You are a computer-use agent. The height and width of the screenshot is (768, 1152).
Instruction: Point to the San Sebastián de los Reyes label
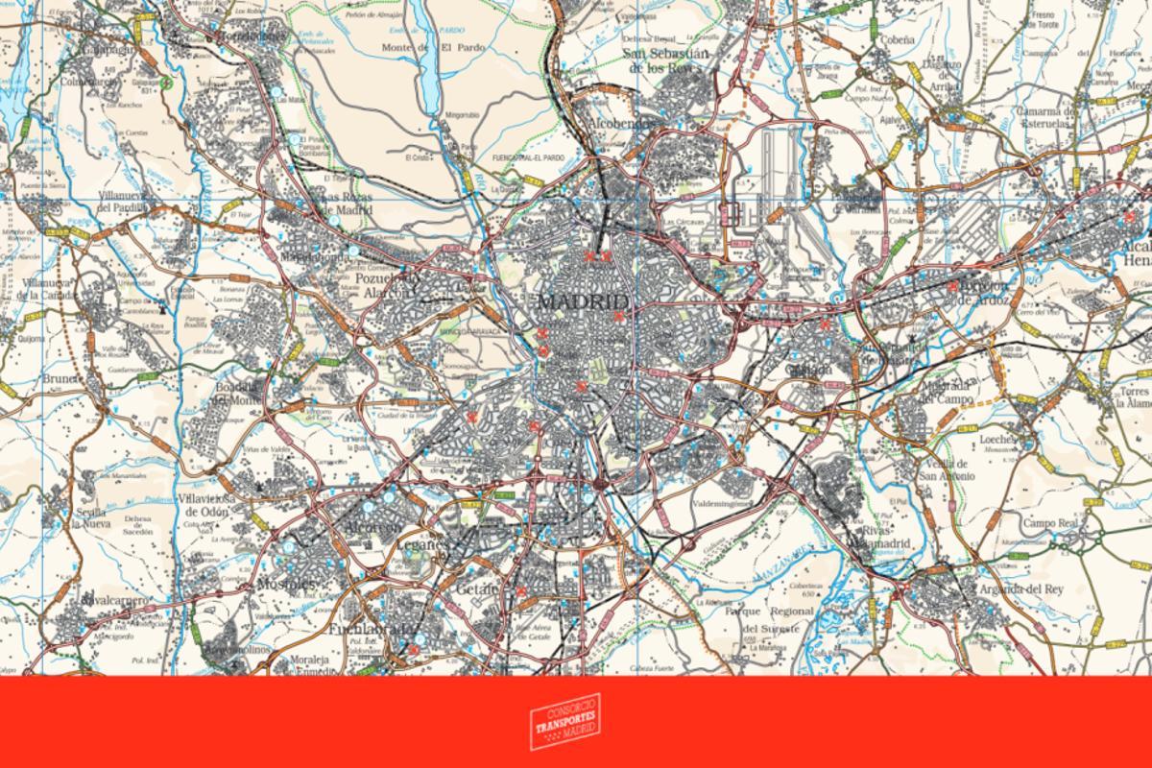[x=667, y=60]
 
